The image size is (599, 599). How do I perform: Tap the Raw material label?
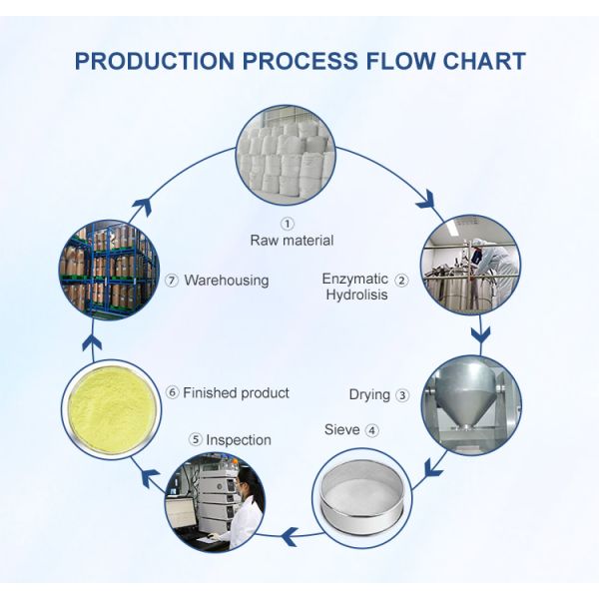pos(292,241)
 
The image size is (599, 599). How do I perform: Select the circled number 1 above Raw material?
pos(289,224)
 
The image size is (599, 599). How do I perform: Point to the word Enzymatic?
pos(353,279)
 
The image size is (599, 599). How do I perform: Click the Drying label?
pos(369,394)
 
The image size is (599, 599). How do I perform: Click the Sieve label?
pos(342,430)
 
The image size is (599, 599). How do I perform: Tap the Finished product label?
pos(236,392)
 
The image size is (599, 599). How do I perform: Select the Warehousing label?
pos(226,281)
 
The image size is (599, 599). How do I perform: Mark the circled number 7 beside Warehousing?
pos(172,281)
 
